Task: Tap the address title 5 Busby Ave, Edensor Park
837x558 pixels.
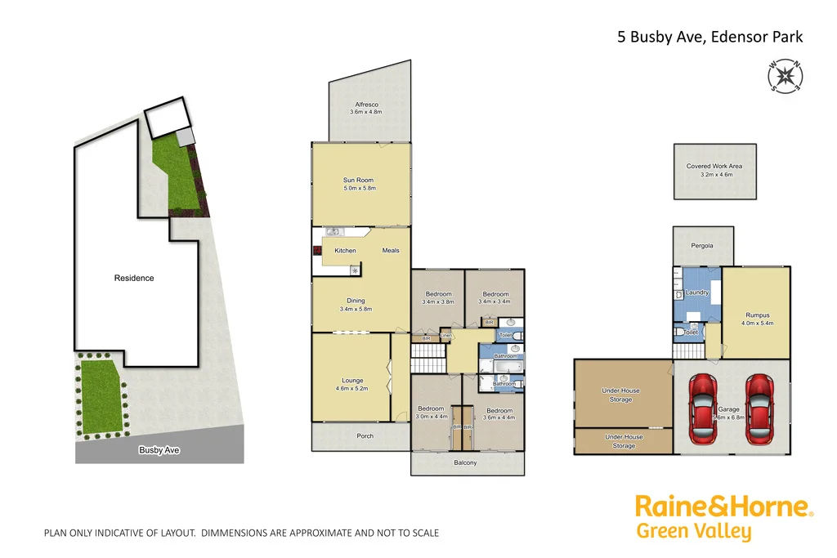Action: coord(709,37)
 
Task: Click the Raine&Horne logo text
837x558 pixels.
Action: coord(724,507)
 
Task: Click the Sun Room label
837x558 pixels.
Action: coord(358,180)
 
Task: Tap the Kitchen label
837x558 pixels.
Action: coord(345,250)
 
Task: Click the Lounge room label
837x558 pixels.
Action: coord(352,381)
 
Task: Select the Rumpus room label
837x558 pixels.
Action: coord(757,315)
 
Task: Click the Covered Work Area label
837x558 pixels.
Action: coord(714,167)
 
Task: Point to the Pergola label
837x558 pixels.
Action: coord(701,246)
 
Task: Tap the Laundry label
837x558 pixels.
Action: coord(697,292)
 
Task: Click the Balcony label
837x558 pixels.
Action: coord(465,463)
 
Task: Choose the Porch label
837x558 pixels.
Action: coord(365,436)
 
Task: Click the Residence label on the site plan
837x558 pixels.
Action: coord(134,279)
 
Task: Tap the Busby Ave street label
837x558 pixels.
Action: coord(159,450)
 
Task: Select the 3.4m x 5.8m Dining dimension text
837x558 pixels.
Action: coord(356,310)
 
